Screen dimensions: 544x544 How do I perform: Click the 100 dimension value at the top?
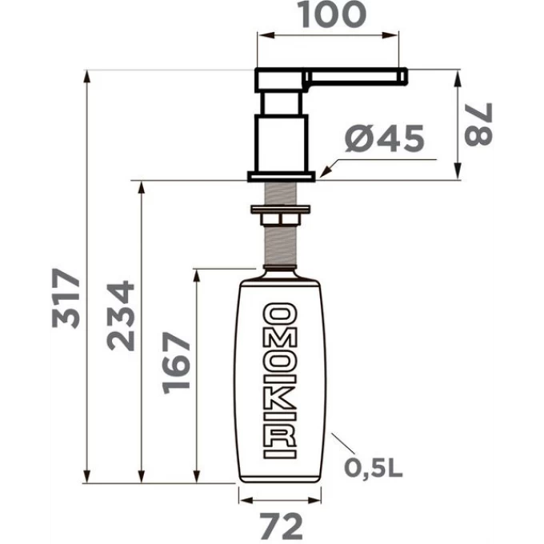tap(334, 14)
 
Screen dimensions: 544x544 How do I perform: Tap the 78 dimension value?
tap(478, 124)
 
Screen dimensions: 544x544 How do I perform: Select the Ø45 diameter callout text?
tap(385, 138)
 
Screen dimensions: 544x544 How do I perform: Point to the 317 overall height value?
tap(66, 298)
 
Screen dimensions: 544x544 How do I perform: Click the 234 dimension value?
tap(121, 316)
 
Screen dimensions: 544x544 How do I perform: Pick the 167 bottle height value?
tap(176, 363)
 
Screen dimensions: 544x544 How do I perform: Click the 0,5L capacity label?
tap(374, 468)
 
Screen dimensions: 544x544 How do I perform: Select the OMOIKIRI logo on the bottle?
tap(280, 381)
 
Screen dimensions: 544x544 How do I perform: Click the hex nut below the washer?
tap(280, 220)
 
